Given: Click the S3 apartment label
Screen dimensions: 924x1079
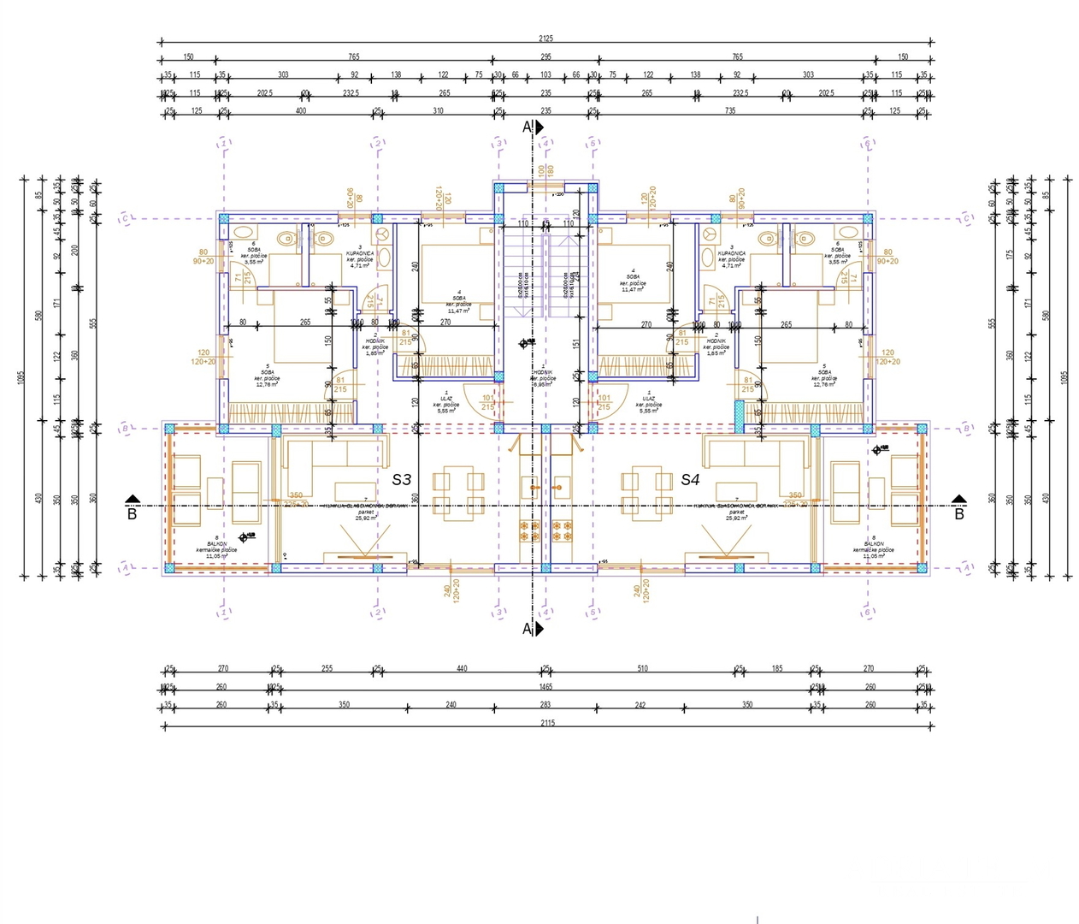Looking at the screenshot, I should (x=402, y=480).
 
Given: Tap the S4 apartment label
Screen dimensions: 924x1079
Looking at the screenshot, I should (x=690, y=480).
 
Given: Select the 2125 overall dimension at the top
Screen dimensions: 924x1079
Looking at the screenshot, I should (x=545, y=38).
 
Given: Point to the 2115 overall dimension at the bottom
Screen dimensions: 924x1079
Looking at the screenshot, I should (x=546, y=723).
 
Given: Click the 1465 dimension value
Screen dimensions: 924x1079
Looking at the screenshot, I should (x=545, y=686).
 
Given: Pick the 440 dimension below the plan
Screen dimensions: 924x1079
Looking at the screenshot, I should (x=462, y=668).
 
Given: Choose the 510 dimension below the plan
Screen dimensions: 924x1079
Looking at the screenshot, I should (x=642, y=668).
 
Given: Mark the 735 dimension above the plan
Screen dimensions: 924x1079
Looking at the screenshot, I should (x=729, y=110).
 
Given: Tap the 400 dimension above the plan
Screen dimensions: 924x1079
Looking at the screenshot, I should (x=300, y=110).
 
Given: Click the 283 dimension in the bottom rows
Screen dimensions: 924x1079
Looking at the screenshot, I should (x=545, y=704).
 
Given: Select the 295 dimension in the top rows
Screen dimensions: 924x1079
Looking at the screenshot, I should (x=545, y=56).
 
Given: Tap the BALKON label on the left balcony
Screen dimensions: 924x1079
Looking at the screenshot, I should (x=216, y=544).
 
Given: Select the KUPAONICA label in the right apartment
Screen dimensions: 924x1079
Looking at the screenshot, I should (x=731, y=254).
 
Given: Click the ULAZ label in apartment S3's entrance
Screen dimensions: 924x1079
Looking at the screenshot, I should (x=446, y=399).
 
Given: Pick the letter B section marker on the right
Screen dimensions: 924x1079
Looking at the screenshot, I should (x=959, y=514).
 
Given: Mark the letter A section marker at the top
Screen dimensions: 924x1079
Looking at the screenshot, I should (x=528, y=127).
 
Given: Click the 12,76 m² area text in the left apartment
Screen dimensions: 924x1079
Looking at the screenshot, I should (x=267, y=384).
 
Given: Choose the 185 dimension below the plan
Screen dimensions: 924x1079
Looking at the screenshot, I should (x=776, y=668).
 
